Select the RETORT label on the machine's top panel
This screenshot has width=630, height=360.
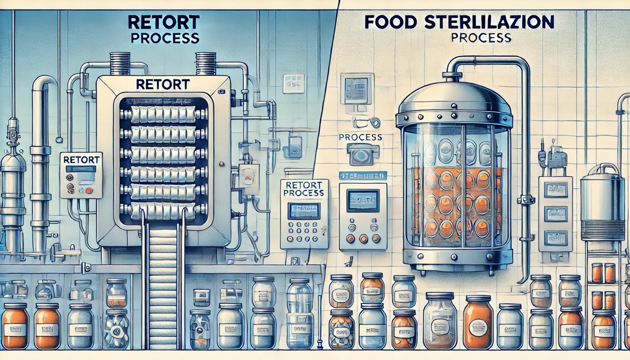pyautogui.click(x=162, y=84)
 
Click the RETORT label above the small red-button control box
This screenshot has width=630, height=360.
pyautogui.click(x=81, y=160)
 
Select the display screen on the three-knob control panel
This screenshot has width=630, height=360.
pyautogui.click(x=362, y=201)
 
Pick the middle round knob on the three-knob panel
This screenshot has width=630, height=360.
pyautogui.click(x=363, y=238)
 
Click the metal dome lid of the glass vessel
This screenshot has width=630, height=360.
pyautogui.click(x=454, y=98)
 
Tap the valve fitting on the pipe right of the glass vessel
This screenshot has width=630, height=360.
pyautogui.click(x=526, y=200)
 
